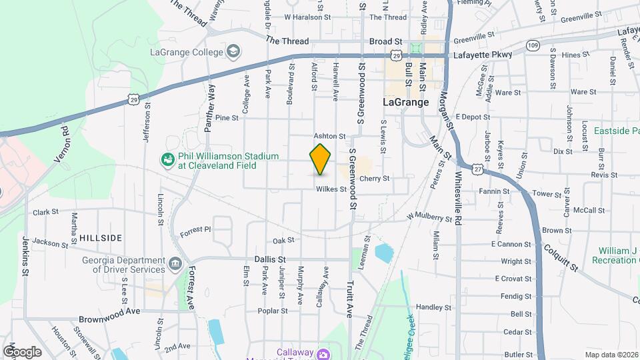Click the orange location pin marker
[x=321, y=159]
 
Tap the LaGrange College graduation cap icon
[x=233, y=51]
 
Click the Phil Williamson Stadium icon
[x=167, y=160]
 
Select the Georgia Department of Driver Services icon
[x=175, y=264]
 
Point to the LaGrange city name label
[x=406, y=103]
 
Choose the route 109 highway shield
[x=532, y=45]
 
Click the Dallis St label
[x=270, y=259]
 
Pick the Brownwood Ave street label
[x=109, y=311]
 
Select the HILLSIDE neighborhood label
[x=101, y=237]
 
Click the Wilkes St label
[x=331, y=189]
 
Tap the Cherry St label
[x=374, y=179]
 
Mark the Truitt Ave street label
[x=349, y=297]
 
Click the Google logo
[x=22, y=351]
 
